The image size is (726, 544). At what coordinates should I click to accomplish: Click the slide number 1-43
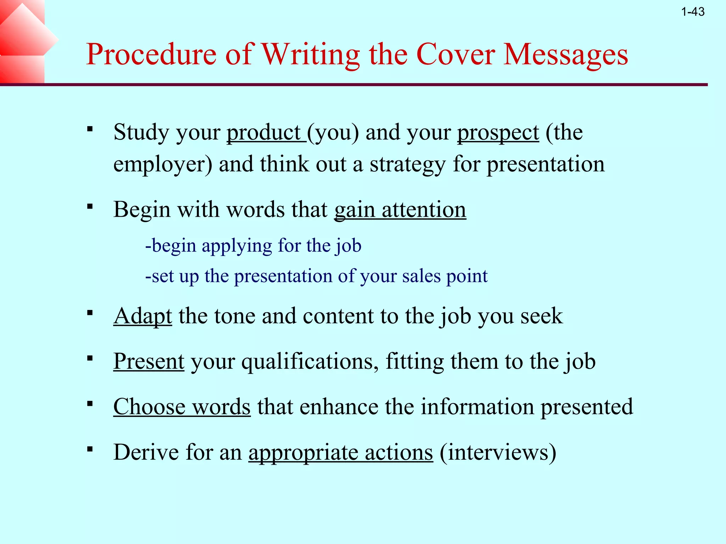(x=693, y=12)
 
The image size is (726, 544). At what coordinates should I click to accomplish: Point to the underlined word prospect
(x=498, y=133)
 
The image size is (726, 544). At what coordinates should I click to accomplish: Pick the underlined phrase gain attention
(x=400, y=210)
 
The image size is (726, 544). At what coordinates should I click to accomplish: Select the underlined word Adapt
(x=143, y=316)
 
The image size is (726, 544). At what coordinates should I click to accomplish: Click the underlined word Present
(x=149, y=361)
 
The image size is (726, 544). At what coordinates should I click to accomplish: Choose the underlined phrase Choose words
(x=182, y=407)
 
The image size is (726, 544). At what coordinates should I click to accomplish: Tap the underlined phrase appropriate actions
(x=341, y=453)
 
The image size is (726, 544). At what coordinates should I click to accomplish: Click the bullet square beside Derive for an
(x=90, y=449)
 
